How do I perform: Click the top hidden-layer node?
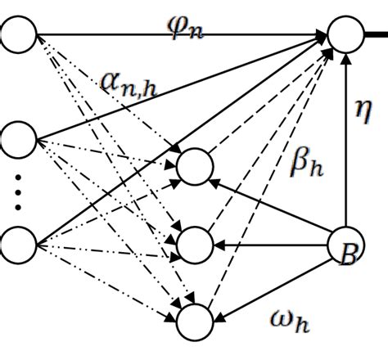[195, 167]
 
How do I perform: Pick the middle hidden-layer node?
[195, 245]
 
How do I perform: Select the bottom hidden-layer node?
[195, 318]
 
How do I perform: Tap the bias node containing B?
[347, 247]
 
